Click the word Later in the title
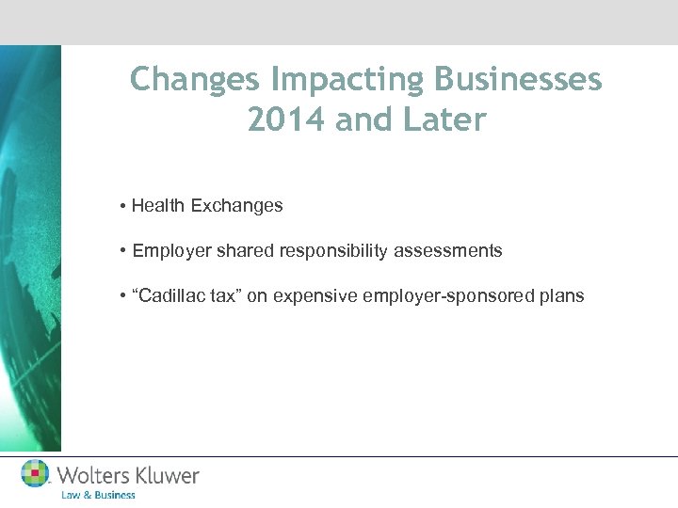point(446,120)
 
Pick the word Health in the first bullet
point(159,205)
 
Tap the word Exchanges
point(236,205)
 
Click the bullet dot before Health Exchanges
point(123,206)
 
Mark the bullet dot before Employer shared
point(123,251)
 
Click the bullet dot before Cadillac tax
point(123,296)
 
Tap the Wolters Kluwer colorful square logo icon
point(36,474)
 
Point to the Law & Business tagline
point(98,495)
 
